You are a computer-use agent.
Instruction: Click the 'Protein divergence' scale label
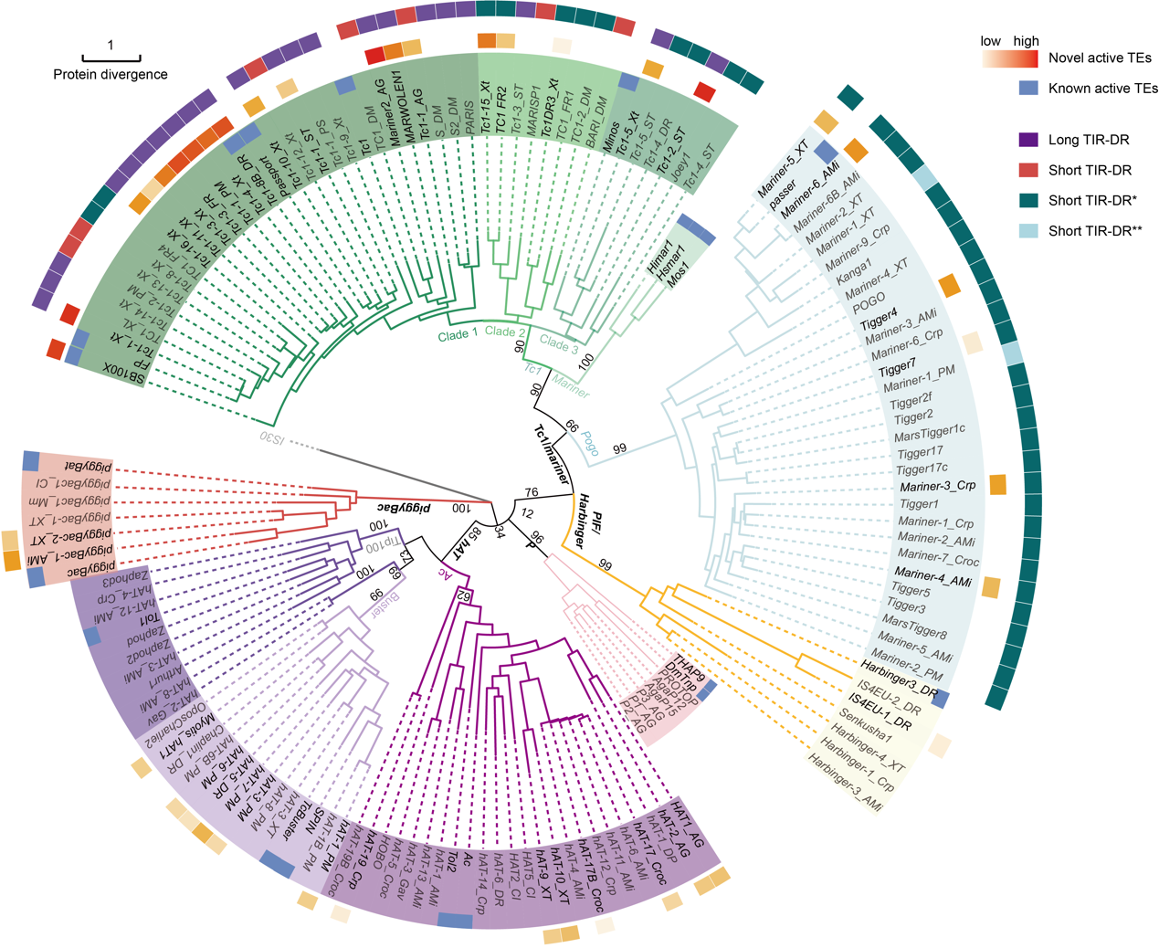coord(111,75)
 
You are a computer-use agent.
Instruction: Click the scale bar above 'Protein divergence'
coord(111,58)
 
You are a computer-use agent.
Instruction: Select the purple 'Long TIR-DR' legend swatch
coord(1028,140)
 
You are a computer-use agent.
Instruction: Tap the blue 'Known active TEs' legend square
coord(1028,89)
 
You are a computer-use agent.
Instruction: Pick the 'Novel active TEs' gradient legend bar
coord(1010,58)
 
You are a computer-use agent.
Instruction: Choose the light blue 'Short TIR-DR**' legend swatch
coord(1028,231)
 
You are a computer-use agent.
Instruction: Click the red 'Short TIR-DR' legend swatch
coord(1028,170)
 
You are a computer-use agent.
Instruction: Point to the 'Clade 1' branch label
coord(458,335)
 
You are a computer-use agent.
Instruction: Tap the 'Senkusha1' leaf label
coord(865,723)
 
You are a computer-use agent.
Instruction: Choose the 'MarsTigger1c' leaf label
coord(929,432)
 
